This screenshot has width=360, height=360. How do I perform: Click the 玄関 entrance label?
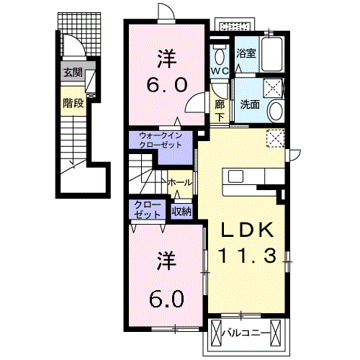(73, 73)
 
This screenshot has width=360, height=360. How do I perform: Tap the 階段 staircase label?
(73, 103)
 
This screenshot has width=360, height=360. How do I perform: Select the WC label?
(220, 71)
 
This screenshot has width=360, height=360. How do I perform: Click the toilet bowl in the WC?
(220, 55)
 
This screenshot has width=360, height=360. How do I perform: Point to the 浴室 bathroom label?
(246, 53)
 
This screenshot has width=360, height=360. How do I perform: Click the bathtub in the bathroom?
(271, 54)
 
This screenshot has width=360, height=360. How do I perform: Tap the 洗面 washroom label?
(250, 104)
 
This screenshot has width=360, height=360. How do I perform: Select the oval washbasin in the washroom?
(276, 112)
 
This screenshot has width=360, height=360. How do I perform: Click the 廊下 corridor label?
(220, 111)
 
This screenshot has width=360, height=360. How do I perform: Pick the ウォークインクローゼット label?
(161, 140)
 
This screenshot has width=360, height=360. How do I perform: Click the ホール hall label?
(180, 183)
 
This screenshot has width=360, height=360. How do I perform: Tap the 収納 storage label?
(181, 212)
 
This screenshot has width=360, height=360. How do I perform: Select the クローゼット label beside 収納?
(147, 210)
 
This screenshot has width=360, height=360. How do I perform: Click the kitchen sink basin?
(235, 176)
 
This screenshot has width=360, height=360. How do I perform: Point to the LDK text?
(247, 230)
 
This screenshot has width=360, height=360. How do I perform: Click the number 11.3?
(248, 256)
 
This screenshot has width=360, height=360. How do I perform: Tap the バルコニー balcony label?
(246, 333)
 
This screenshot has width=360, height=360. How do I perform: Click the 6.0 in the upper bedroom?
(167, 85)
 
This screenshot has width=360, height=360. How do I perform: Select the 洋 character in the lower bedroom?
(167, 261)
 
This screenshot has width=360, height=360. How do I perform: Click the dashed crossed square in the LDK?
(276, 138)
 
